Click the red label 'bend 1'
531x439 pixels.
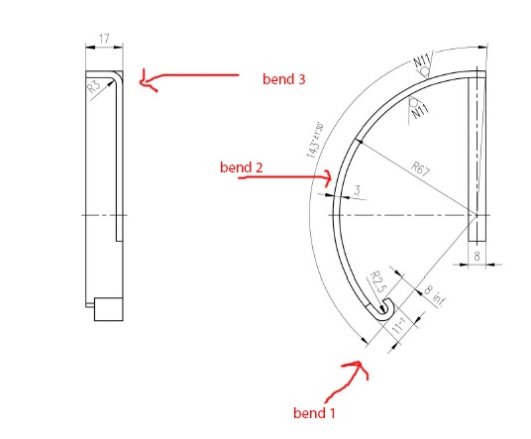(x=320, y=410)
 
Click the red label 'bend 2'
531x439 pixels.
(x=241, y=167)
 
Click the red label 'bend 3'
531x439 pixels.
(x=284, y=78)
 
